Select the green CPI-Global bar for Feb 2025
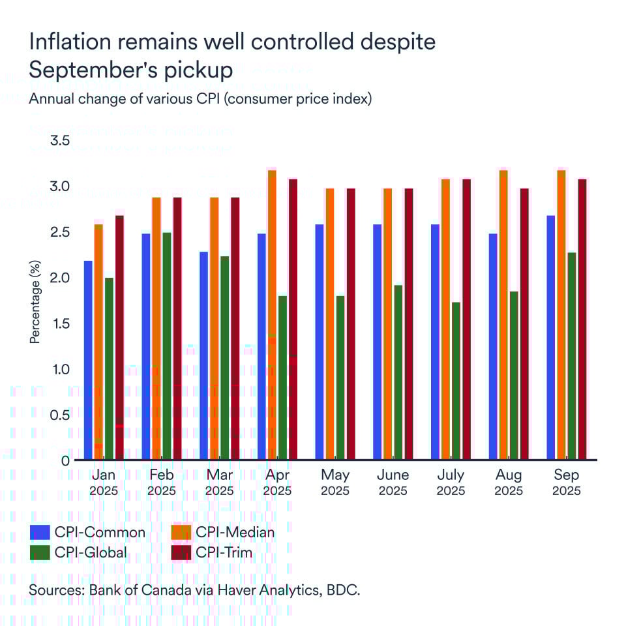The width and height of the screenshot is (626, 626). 166,346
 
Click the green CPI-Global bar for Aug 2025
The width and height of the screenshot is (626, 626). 513,376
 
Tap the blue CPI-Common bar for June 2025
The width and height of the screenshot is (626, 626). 377,342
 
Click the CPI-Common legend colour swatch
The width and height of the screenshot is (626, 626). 40,532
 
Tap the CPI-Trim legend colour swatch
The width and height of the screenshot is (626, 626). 180,553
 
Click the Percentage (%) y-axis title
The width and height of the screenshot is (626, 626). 35,301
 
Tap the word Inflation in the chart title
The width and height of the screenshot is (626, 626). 69,42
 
